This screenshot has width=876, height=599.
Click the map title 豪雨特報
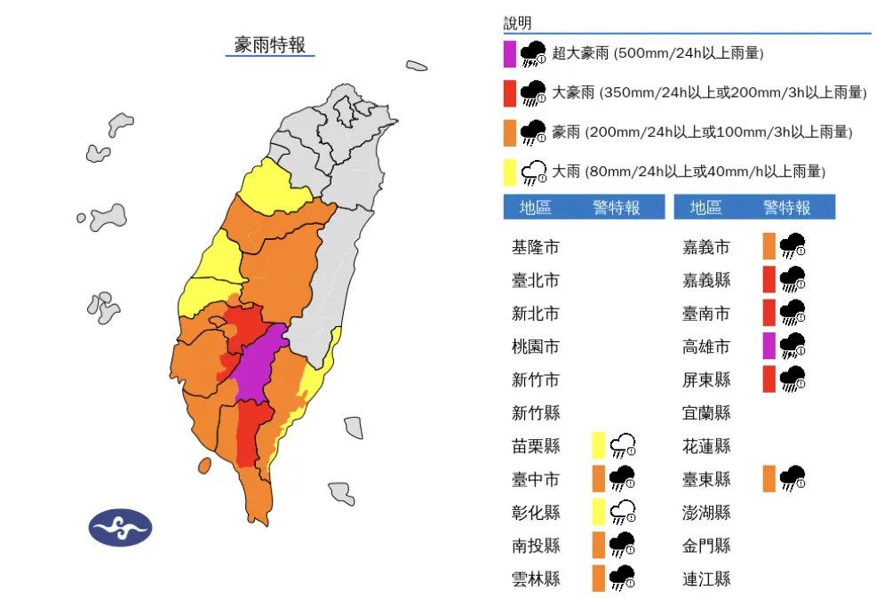point(269,44)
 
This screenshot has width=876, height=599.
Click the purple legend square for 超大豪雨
point(510,53)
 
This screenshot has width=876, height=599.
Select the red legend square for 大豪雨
point(510,92)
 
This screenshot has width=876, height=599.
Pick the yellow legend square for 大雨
point(510,171)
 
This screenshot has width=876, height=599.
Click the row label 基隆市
point(536,247)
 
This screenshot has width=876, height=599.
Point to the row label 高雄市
point(705,347)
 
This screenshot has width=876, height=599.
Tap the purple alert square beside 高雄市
point(770,346)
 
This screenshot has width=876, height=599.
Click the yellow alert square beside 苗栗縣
point(600,444)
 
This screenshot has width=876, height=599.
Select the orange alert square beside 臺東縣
point(770,478)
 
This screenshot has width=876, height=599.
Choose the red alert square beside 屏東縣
point(770,379)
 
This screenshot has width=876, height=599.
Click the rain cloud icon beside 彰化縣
point(623,512)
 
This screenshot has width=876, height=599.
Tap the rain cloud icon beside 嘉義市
point(792,246)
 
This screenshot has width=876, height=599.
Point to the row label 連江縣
point(705,579)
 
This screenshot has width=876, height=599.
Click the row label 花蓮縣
point(705,446)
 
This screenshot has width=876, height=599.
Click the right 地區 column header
point(705,207)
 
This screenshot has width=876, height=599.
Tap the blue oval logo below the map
point(120,527)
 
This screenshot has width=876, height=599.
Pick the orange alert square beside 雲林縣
point(600,578)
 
